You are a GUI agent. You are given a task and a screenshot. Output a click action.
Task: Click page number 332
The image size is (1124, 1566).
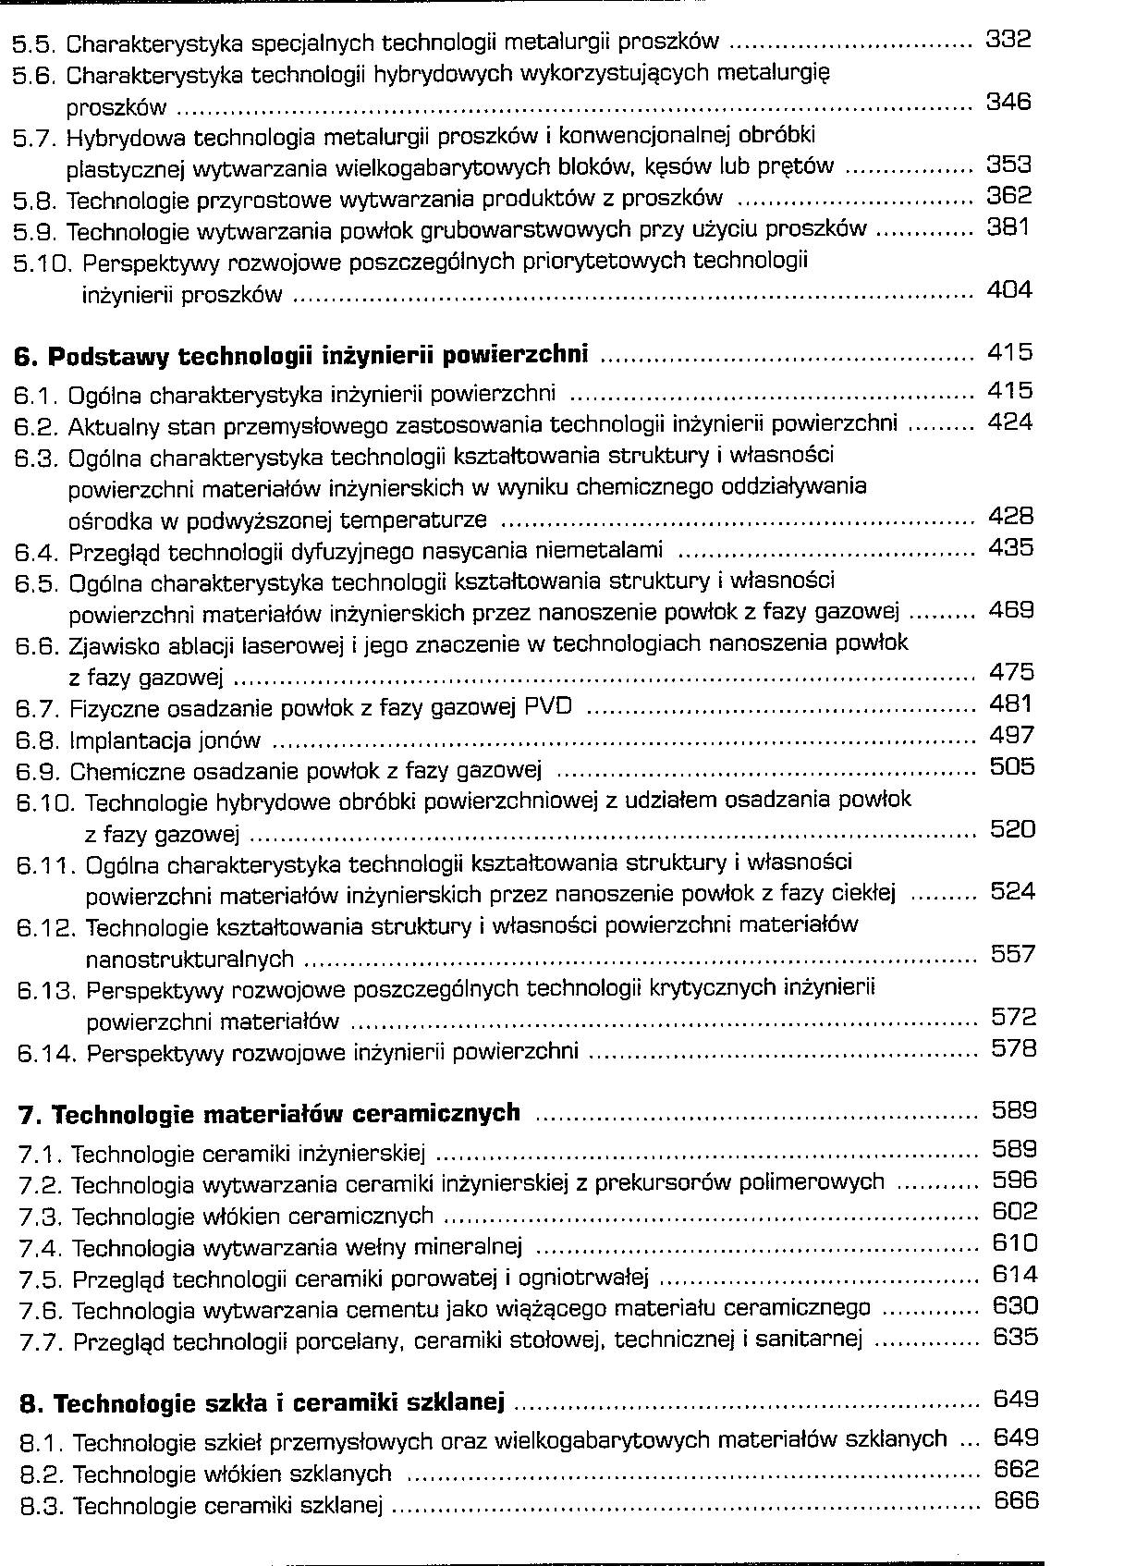coord(1008,39)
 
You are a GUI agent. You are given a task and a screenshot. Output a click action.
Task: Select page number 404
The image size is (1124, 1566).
coord(1009,290)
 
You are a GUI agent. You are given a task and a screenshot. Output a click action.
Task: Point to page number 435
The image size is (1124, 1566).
coord(1011,547)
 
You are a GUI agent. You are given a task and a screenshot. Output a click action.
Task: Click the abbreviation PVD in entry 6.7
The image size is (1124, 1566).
coord(548,707)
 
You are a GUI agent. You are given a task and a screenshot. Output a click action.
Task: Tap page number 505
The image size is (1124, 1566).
coord(1012,766)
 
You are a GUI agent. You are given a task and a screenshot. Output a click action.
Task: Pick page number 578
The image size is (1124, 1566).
coord(1014,1048)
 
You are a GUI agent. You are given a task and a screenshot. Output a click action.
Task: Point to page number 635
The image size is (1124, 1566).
coord(1015,1337)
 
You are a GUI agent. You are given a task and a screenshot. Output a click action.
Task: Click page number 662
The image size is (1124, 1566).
coord(1016,1469)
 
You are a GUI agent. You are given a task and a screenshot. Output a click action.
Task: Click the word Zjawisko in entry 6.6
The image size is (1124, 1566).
coord(108,644)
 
